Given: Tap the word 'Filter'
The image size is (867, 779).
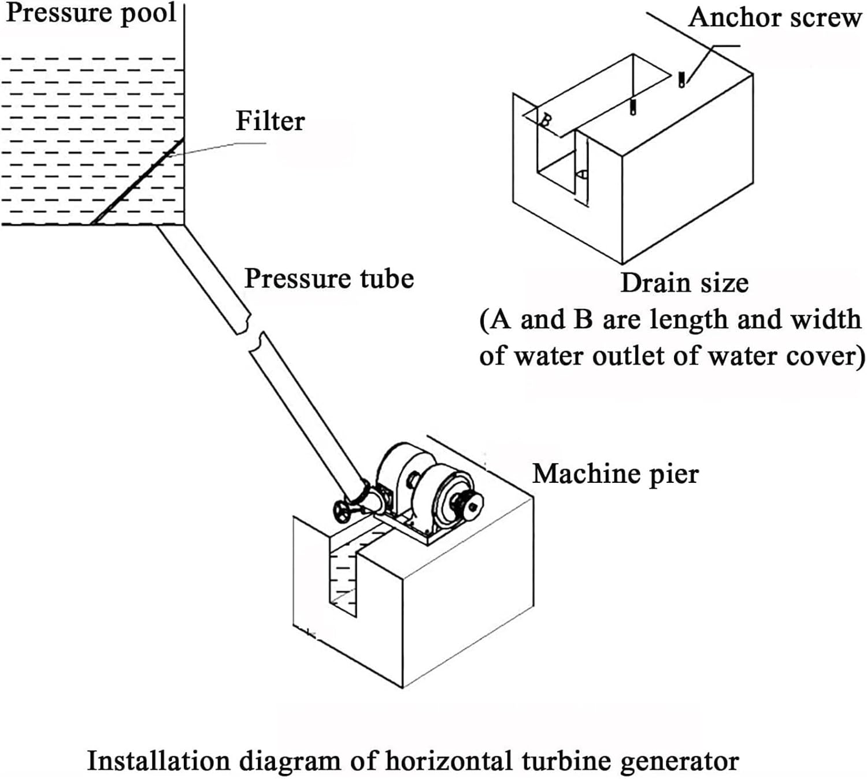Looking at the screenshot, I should click(269, 121).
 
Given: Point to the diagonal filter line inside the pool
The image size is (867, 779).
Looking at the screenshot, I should click(138, 180).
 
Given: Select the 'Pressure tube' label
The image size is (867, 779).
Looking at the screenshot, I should click(329, 278).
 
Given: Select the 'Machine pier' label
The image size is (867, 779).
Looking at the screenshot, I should click(615, 474).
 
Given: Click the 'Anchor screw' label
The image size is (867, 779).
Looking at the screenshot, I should click(775, 17).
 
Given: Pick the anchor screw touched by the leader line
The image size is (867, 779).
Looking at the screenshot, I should click(682, 79).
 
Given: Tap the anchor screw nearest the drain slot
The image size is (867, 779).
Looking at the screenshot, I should click(633, 107).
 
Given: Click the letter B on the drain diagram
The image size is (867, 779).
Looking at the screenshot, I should click(546, 120).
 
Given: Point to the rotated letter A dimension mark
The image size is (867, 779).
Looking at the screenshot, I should click(583, 174).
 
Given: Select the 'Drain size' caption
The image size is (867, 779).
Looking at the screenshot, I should click(684, 283).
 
